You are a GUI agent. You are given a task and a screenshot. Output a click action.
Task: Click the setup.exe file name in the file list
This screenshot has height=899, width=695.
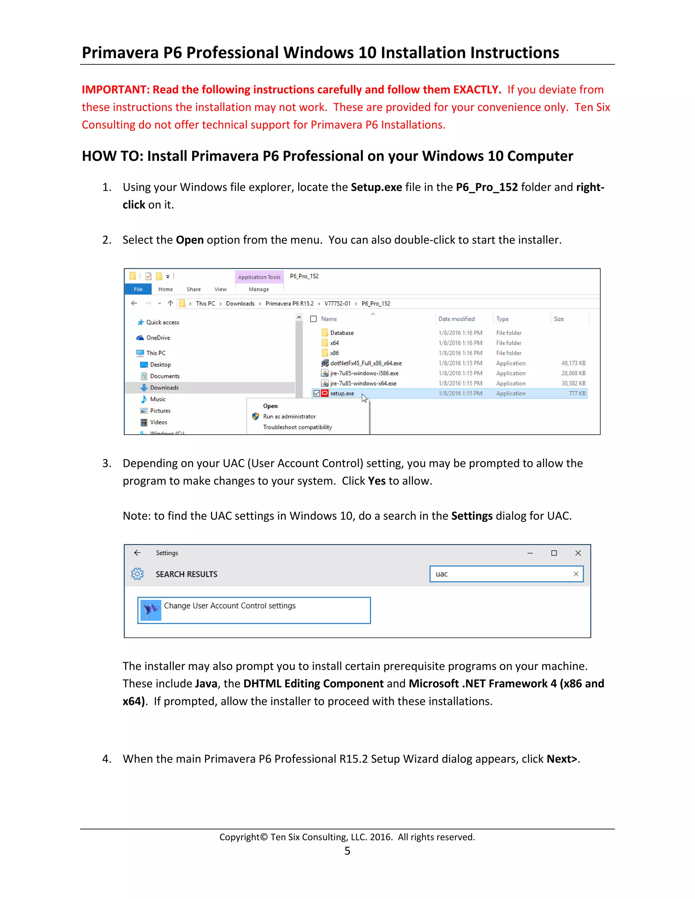342,394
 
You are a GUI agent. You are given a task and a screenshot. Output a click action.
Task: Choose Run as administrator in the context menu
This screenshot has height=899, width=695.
289,417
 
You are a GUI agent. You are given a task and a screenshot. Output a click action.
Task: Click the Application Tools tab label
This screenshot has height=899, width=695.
259,277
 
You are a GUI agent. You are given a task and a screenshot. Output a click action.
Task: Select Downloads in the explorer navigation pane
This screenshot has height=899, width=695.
164,388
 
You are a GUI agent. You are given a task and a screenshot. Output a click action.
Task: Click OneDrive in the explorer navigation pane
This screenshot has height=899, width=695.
158,338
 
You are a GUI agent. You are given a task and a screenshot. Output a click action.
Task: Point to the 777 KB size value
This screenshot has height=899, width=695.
577,394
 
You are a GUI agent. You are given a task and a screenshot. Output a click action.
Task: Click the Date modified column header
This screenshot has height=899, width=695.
456,319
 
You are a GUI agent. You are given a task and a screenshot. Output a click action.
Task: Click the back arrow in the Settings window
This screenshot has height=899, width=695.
137,553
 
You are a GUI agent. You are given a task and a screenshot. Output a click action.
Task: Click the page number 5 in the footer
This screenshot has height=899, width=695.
347,851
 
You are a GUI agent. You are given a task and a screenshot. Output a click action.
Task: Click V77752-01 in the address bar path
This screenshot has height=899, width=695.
337,304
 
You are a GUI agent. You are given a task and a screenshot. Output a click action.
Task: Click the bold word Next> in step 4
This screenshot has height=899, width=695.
562,759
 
